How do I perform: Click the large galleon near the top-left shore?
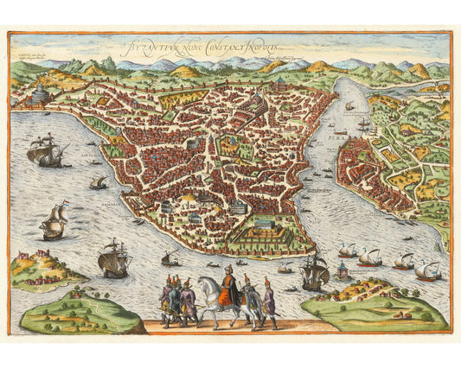pos(48,153)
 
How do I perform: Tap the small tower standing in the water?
pos(343,272)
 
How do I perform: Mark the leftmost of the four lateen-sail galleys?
pos(348,252)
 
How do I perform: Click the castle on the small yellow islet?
pos(36,259)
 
